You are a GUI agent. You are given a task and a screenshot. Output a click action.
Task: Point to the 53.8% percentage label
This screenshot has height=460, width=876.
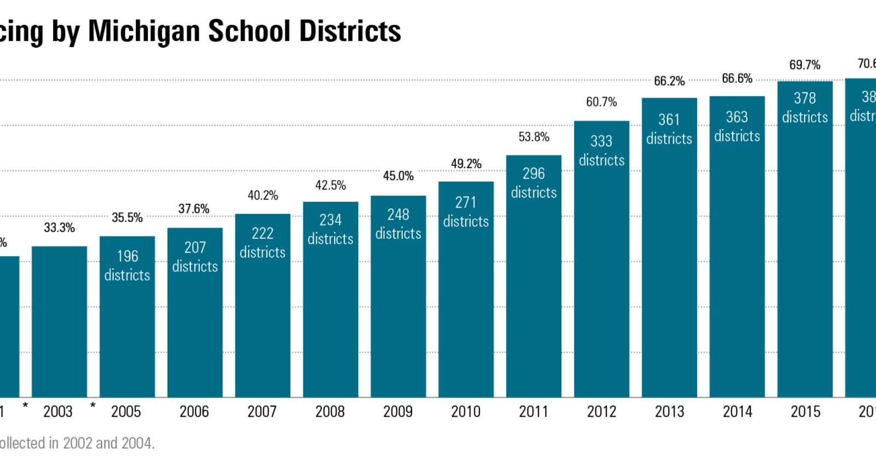[534, 137]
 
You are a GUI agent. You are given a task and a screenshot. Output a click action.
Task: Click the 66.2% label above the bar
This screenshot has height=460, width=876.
[669, 81]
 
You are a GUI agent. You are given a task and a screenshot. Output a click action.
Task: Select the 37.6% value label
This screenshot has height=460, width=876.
[194, 209]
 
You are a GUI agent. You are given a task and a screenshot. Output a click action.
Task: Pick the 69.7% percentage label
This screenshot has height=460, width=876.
[804, 65]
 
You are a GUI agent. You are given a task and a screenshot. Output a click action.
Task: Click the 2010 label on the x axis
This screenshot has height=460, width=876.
[465, 412]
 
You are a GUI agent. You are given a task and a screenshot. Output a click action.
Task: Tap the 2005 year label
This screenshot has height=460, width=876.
[126, 412]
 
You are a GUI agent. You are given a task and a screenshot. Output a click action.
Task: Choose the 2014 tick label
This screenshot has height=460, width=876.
[737, 412]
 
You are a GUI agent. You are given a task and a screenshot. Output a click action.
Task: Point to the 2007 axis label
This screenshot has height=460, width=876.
[262, 412]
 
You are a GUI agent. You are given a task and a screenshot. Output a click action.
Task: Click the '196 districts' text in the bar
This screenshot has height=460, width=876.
[127, 266]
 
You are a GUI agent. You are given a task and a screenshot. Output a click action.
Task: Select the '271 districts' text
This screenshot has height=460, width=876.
[466, 212]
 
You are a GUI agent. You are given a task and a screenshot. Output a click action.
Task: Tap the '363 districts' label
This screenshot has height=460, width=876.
[737, 127]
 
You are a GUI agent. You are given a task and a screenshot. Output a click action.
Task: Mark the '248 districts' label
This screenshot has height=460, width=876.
[398, 224]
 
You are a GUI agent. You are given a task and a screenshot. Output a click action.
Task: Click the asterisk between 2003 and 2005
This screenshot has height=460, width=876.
[93, 406]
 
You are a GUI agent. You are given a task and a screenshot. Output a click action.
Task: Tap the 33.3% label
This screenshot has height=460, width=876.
[59, 228]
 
